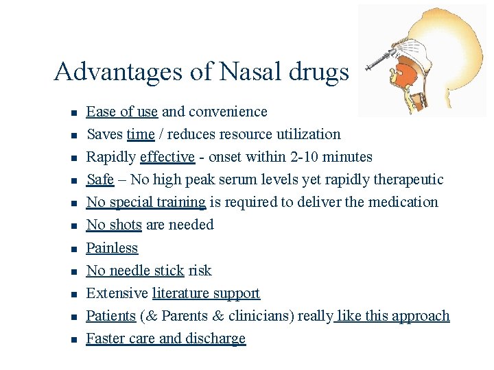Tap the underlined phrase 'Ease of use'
click(x=122, y=111)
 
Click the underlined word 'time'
click(x=141, y=134)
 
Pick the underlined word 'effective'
click(x=167, y=157)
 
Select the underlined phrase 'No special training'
click(x=145, y=202)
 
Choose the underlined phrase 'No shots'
click(x=114, y=225)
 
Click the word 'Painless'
click(x=112, y=248)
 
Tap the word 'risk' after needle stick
click(x=200, y=271)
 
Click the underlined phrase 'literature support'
click(x=206, y=293)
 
